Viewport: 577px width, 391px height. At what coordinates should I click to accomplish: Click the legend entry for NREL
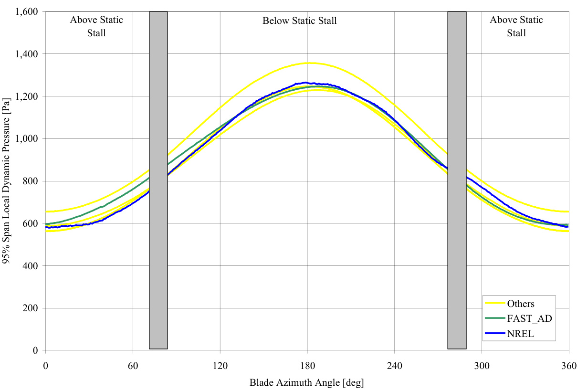(520, 334)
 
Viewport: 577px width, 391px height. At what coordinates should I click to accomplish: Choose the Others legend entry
(521, 304)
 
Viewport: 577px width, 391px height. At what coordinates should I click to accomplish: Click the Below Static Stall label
(300, 21)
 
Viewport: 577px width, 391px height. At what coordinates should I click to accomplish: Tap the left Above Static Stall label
(96, 26)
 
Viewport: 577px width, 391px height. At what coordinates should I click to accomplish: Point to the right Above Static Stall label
(516, 26)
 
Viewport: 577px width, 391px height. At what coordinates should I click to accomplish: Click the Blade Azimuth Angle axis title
(307, 382)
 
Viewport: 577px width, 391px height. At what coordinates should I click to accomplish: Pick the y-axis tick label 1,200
(28, 96)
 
